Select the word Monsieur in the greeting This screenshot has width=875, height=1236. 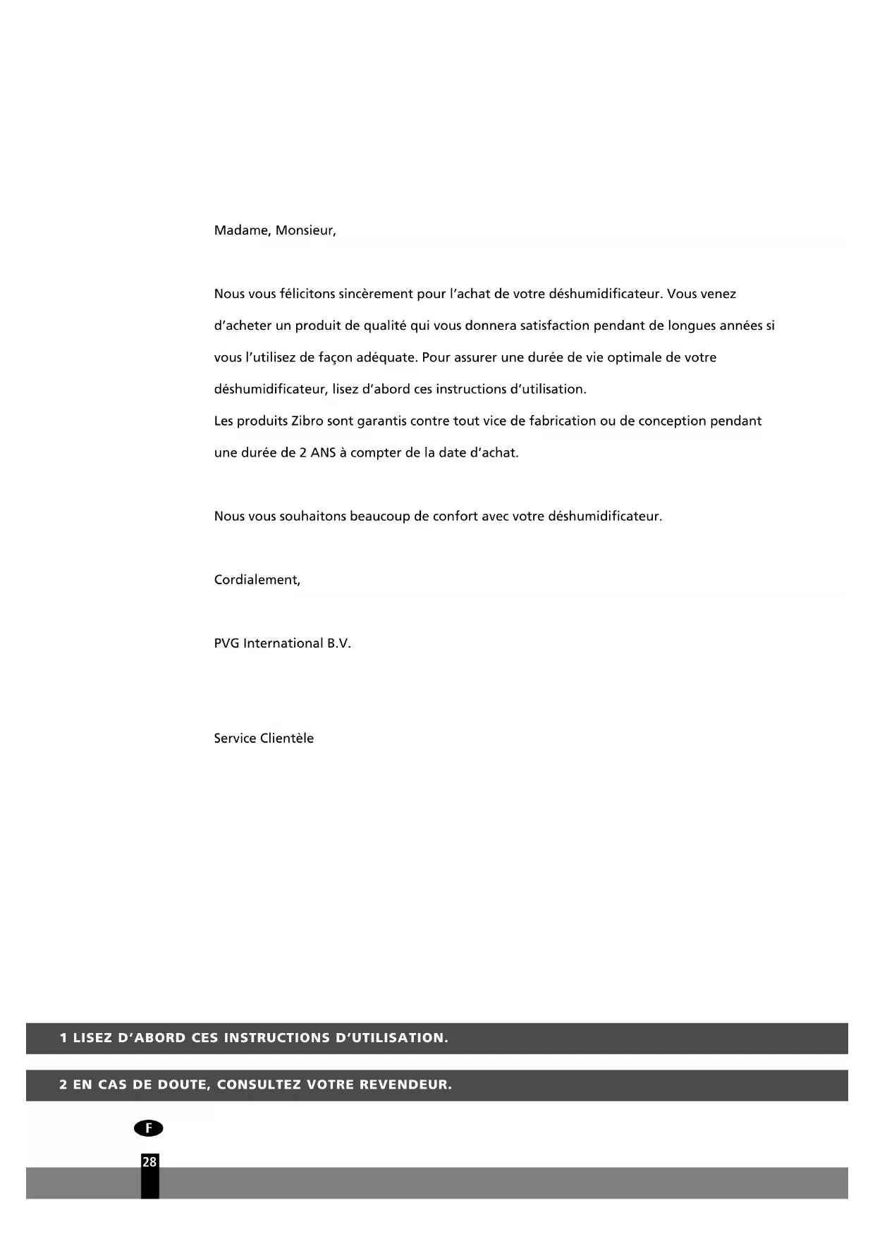click(x=305, y=231)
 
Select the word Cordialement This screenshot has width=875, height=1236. click(x=257, y=580)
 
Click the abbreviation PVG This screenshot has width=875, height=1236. click(x=226, y=643)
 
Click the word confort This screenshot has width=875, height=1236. click(x=455, y=517)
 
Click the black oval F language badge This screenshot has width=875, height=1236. click(x=148, y=1128)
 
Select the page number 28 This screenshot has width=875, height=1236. click(x=149, y=1162)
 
